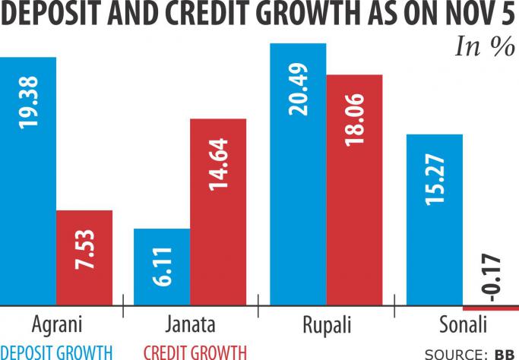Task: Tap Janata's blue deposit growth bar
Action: [161, 266]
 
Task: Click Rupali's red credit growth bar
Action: [354, 189]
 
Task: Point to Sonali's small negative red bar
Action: [491, 308]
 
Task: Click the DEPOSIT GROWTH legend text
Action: [56, 352]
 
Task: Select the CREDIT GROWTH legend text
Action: [195, 352]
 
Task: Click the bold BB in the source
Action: [503, 354]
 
